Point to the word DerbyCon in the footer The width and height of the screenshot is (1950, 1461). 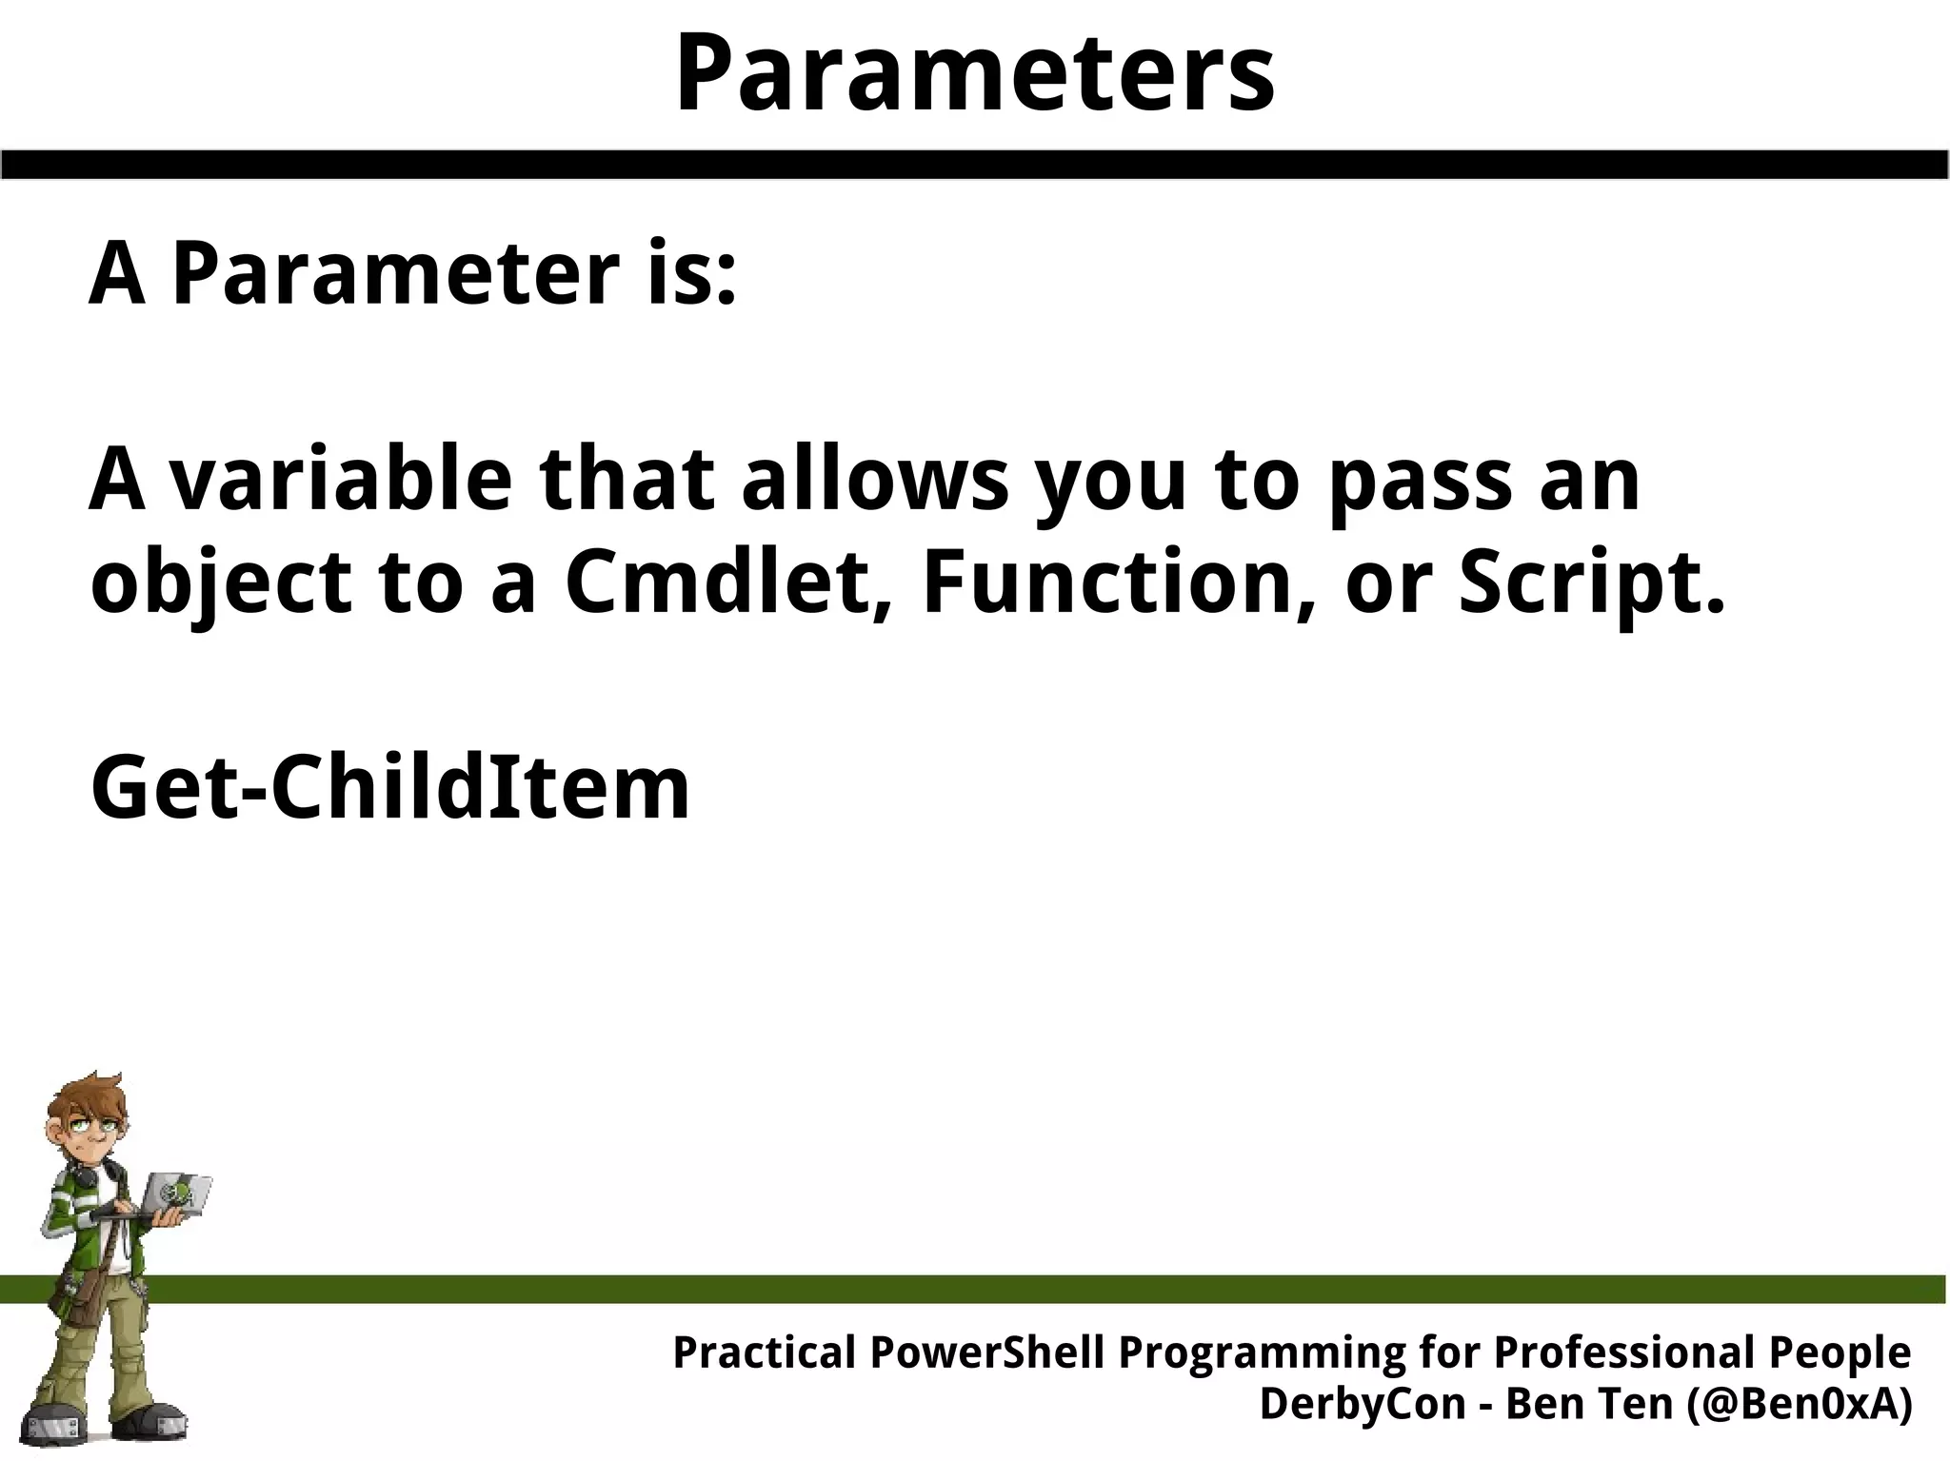pos(1362,1404)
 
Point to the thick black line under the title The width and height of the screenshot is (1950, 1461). pos(974,164)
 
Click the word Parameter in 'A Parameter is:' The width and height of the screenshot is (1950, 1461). pos(395,275)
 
